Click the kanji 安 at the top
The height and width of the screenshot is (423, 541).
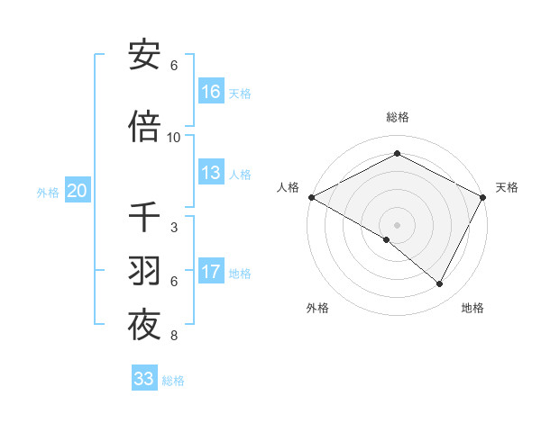[144, 56]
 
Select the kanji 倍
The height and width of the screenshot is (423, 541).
[144, 127]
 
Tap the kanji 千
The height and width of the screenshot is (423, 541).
[144, 217]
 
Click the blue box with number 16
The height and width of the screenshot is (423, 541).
[211, 92]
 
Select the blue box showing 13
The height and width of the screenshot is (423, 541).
[211, 174]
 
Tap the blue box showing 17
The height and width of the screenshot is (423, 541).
[211, 273]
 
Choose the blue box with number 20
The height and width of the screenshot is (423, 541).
[78, 191]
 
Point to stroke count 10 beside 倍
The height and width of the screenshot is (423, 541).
[174, 138]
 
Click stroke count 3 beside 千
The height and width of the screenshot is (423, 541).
[174, 228]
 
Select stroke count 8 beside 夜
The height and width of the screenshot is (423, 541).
[174, 337]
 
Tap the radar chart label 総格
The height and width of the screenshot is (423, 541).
[398, 117]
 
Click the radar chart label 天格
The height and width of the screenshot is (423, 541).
[507, 187]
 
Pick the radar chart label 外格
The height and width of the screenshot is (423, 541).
[317, 308]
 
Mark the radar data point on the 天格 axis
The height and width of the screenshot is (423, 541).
[484, 197]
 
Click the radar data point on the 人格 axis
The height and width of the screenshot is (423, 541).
[311, 197]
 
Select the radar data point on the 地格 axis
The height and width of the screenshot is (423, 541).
[440, 284]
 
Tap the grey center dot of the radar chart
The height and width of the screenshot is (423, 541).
[398, 225]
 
